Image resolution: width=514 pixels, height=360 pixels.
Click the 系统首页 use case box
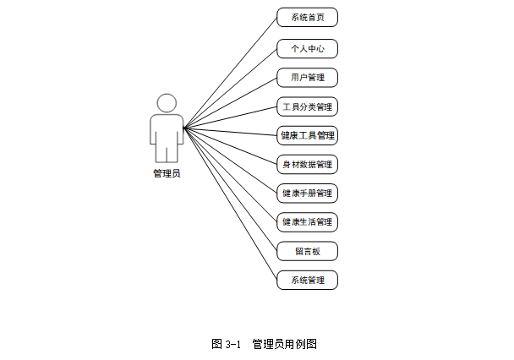pyautogui.click(x=307, y=17)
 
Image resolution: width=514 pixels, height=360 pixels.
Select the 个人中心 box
pyautogui.click(x=307, y=48)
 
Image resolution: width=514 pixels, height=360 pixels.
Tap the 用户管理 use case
pyautogui.click(x=307, y=78)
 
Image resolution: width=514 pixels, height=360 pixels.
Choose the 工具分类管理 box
pyautogui.click(x=307, y=106)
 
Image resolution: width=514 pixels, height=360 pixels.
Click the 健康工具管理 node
pyautogui.click(x=307, y=135)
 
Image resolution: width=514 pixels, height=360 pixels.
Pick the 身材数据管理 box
pyautogui.click(x=307, y=164)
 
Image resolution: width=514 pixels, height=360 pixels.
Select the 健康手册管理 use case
pyautogui.click(x=307, y=193)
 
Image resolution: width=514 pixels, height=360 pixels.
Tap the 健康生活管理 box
pyautogui.click(x=307, y=221)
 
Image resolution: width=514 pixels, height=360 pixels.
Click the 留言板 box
pyautogui.click(x=307, y=251)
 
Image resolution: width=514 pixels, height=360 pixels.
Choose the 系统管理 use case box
pyautogui.click(x=307, y=280)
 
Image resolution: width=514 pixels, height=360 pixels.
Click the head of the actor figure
pyautogui.click(x=167, y=103)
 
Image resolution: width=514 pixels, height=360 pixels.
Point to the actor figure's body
pyautogui.click(x=167, y=135)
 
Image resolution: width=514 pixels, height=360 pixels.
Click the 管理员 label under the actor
pyautogui.click(x=167, y=174)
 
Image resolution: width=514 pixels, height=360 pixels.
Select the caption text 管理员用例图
pyautogui.click(x=284, y=344)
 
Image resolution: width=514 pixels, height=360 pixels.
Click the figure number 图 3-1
pyautogui.click(x=227, y=344)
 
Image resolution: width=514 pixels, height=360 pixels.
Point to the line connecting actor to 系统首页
pyautogui.click(x=231, y=72)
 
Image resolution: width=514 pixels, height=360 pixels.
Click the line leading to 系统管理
pyautogui.click(x=231, y=204)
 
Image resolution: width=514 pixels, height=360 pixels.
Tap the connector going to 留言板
pyautogui.click(x=231, y=189)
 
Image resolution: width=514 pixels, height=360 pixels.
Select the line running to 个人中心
pyautogui.click(x=231, y=87)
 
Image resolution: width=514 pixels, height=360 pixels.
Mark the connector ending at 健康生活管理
pyautogui.click(x=231, y=175)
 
